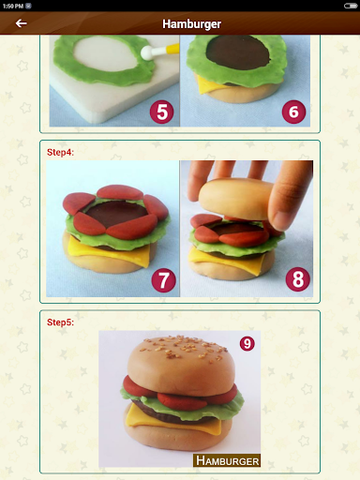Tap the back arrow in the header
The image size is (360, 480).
point(21,23)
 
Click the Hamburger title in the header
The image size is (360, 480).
point(192,24)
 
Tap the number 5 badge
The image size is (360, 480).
point(162,112)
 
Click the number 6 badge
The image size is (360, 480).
point(293,112)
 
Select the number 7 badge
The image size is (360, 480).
point(164,280)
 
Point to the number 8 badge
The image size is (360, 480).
point(298,279)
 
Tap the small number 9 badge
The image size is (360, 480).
point(247,344)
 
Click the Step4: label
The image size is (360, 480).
point(60,152)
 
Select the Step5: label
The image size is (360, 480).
point(60,322)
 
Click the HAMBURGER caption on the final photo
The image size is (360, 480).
point(227,460)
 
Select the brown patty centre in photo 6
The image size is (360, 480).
point(237,52)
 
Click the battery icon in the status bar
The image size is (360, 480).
point(351,6)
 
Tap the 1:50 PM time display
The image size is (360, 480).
point(13,6)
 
